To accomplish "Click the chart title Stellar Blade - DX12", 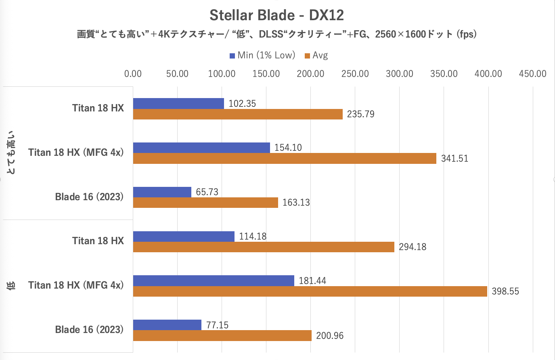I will point(277,15).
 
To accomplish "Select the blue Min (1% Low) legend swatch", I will point(232,56).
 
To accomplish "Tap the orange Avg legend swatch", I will point(307,56).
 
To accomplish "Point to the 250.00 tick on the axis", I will point(355,74).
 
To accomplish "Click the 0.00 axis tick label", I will point(133,74).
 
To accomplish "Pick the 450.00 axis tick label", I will point(532,74).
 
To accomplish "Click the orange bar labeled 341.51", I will point(285,159).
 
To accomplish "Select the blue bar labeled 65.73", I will point(162,192).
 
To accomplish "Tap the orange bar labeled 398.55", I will point(310,291).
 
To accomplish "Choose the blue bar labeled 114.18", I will point(184,237).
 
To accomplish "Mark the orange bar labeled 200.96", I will point(222,336).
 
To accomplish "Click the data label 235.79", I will point(360,114).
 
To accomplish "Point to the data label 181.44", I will point(312,281).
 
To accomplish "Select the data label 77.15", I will point(217,325).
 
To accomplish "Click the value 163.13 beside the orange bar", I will point(296,203).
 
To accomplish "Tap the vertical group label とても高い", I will point(12,153).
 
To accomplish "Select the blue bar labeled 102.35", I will point(178,104).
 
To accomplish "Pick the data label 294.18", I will point(413,247).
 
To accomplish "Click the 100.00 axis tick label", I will point(222,74).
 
